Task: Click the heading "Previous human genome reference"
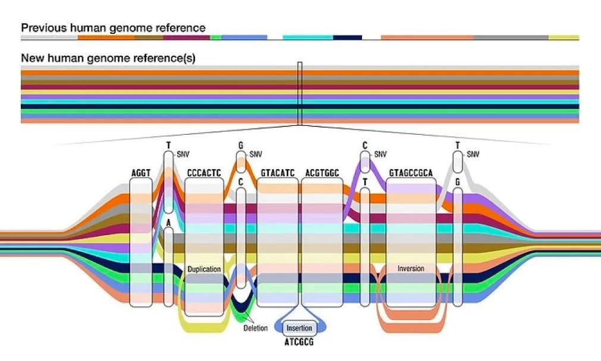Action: point(113,28)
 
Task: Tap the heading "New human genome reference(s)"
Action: point(108,59)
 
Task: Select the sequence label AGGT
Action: point(141,173)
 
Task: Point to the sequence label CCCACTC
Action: point(204,173)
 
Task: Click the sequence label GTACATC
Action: point(278,173)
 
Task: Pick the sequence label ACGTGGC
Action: point(322,173)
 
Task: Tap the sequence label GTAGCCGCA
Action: point(411,173)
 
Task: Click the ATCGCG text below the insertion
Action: point(300,343)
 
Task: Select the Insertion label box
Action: point(299,328)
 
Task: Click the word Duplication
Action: point(204,269)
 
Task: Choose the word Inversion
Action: point(411,269)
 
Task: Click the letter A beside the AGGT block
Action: point(168,223)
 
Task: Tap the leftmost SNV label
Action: point(183,154)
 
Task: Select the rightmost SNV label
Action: point(473,154)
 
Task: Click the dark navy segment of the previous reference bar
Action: point(347,37)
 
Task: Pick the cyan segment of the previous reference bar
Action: point(307,37)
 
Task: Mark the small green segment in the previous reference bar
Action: point(216,37)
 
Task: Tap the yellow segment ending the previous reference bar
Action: point(564,37)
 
